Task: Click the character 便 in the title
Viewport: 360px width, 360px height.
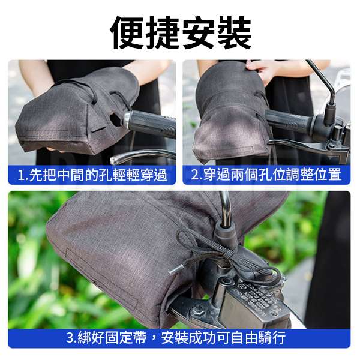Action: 128,32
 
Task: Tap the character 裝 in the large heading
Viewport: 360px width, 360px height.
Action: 234,32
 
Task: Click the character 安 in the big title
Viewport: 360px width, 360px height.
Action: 199,32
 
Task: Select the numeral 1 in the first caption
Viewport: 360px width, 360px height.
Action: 21,176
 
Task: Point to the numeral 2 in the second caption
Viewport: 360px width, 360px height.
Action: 196,175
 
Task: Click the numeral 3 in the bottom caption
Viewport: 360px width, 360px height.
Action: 70,337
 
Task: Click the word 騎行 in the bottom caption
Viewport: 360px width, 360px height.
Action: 272,337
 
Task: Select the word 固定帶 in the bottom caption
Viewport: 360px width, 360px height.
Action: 125,337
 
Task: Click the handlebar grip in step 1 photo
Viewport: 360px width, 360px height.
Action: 150,124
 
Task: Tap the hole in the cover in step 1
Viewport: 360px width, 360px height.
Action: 115,119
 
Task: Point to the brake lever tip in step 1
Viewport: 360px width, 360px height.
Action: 114,160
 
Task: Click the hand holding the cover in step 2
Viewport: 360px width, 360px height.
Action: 259,70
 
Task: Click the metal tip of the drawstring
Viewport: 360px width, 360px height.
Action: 176,269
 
